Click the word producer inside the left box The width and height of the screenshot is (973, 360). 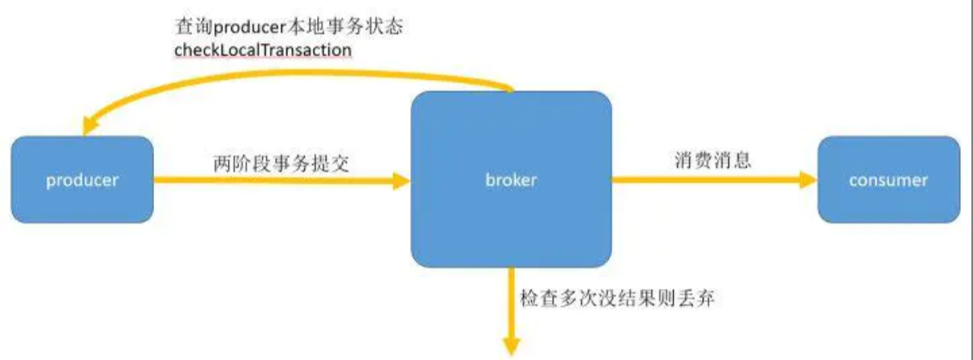82,180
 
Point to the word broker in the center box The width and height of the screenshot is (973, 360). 511,180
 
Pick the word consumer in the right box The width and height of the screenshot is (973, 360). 888,180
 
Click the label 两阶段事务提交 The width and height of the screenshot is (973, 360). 281,162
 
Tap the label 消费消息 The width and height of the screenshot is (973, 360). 713,160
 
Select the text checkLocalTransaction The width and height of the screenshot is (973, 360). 263,50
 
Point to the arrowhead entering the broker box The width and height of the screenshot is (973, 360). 401,180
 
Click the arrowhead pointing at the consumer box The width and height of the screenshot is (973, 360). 808,180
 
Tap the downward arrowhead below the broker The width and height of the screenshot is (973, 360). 512,344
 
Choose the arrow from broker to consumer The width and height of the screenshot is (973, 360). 705,180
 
